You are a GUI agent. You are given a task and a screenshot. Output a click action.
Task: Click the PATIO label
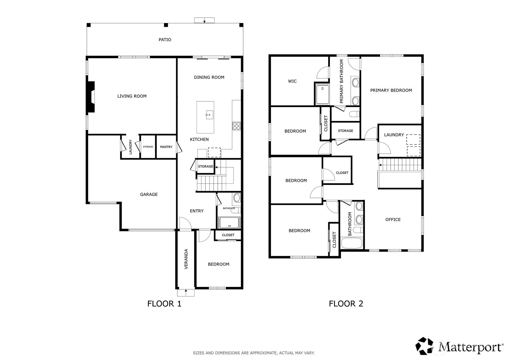click(x=165, y=40)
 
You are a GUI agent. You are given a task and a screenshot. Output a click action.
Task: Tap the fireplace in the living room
click(x=91, y=97)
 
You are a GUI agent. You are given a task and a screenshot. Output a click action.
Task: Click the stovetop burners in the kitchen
click(x=236, y=126)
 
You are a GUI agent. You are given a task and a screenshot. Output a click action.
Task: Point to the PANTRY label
click(x=166, y=147)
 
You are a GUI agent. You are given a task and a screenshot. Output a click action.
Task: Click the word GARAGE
click(x=149, y=194)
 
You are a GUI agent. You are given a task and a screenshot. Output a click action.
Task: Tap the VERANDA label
click(x=186, y=259)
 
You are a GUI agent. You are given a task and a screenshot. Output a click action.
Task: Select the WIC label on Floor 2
click(x=292, y=81)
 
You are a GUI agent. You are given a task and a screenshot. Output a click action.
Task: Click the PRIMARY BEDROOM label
click(x=391, y=90)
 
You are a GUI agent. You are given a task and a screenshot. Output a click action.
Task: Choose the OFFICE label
click(x=393, y=220)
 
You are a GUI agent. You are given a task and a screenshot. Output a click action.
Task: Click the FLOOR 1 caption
click(x=164, y=304)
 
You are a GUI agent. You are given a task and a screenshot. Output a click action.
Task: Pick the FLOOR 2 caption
click(x=346, y=304)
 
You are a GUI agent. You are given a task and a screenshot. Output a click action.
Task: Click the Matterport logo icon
click(x=424, y=346)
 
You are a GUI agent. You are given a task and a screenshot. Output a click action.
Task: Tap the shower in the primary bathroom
click(x=322, y=94)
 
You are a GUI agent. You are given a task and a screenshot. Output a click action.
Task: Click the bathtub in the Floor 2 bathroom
click(x=351, y=243)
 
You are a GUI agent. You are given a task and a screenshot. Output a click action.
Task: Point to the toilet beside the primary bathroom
click(x=354, y=114)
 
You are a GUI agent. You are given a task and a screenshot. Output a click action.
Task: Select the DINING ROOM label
click(x=209, y=77)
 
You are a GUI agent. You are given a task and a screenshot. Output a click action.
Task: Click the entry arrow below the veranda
click(x=186, y=292)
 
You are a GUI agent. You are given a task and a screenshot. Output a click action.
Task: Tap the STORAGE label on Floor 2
click(x=346, y=131)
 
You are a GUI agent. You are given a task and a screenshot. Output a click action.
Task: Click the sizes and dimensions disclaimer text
click(x=254, y=353)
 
